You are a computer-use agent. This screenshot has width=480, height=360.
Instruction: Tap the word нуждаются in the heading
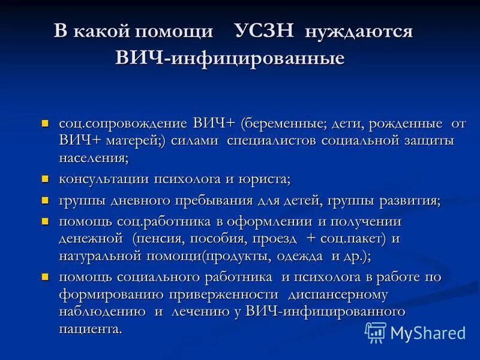click(359, 31)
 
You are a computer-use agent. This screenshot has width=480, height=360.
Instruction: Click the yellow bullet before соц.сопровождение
click(44, 124)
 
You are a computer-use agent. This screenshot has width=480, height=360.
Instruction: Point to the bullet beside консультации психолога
click(44, 179)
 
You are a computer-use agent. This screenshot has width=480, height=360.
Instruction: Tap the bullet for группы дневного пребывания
click(44, 200)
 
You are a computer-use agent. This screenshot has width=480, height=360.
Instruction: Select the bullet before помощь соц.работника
click(44, 221)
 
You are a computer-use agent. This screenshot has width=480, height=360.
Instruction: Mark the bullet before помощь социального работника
click(44, 277)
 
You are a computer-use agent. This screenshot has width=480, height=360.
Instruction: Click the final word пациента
click(90, 329)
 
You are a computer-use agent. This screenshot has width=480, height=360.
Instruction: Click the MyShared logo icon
click(376, 332)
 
